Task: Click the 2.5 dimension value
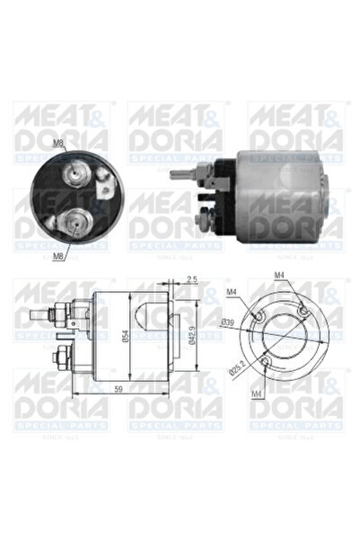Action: (x=193, y=279)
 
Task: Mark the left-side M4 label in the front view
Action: (x=233, y=290)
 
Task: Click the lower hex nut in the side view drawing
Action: (x=59, y=352)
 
